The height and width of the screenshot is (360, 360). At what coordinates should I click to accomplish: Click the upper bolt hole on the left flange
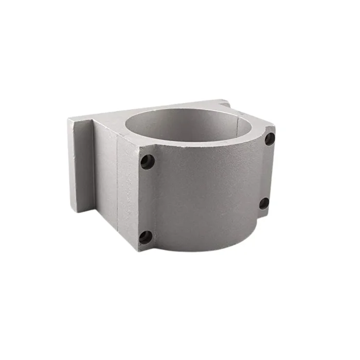148,161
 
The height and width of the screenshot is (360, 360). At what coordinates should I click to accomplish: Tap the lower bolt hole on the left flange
146,237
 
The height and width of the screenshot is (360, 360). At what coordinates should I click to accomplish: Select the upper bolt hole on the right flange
269,138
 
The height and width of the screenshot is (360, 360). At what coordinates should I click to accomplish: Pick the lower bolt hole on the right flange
264,203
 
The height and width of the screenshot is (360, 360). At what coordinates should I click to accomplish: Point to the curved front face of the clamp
206,195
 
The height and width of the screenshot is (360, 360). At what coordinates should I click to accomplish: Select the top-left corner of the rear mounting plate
69,120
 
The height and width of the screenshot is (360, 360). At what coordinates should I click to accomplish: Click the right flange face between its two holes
266,171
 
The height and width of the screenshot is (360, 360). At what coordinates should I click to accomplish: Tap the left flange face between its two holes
146,200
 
